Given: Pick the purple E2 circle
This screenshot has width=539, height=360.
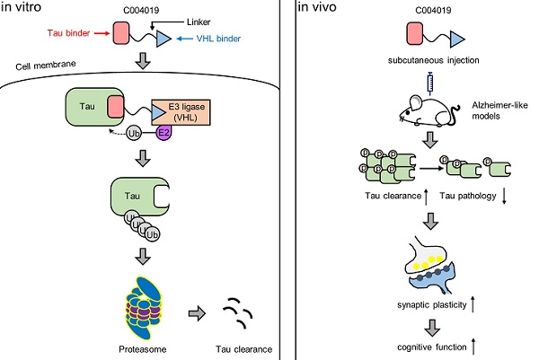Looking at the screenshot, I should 164,132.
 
